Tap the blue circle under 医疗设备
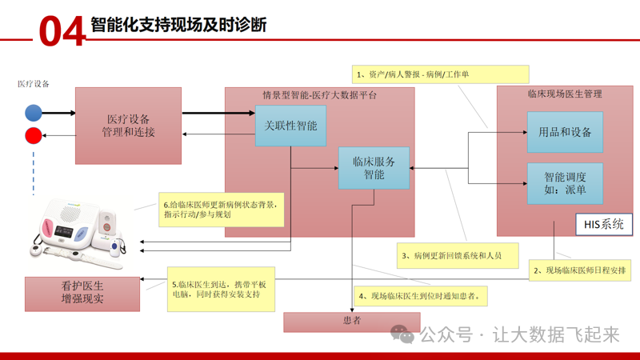(33, 113)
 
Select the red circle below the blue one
(33, 136)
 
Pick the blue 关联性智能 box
(290, 126)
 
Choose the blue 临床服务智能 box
(374, 168)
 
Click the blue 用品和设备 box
(565, 132)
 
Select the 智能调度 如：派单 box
(565, 184)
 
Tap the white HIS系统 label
(602, 225)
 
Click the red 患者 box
(351, 322)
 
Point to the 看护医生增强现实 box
(82, 294)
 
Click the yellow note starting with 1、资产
(441, 74)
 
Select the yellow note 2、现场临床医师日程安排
(582, 271)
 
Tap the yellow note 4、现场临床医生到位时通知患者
(421, 296)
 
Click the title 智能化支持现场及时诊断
(178, 26)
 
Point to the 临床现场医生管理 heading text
(565, 94)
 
